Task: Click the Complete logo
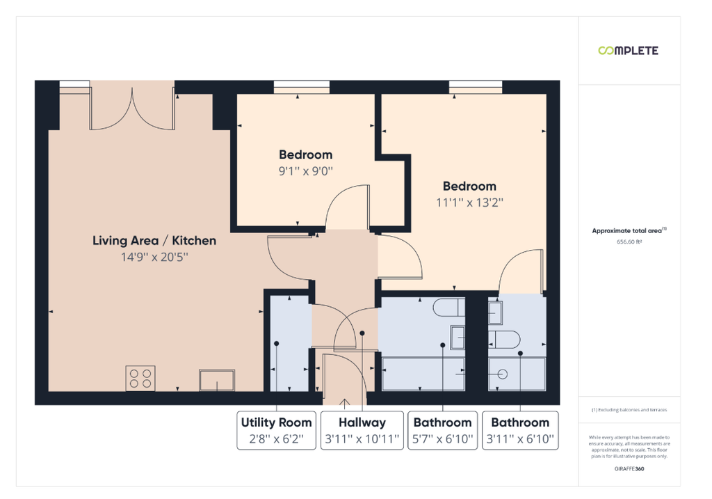point(628,50)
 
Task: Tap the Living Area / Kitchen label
point(154,240)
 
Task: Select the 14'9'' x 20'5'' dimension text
point(154,258)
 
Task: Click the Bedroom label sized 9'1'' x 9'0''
point(306,155)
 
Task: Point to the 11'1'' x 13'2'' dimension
point(470,203)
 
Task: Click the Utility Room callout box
point(277,430)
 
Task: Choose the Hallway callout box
point(362,430)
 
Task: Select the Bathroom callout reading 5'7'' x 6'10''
point(443,430)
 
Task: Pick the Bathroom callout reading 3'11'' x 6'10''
point(520,430)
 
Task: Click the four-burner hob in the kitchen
point(140,378)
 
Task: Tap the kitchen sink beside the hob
point(217,381)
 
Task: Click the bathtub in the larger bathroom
point(423,374)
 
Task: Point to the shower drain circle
point(502,374)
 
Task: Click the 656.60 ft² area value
point(629,241)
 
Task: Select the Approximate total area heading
point(629,230)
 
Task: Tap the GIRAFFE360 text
point(629,468)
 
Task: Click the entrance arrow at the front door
point(345,402)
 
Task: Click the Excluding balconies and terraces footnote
point(629,410)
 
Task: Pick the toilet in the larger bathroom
point(449,307)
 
